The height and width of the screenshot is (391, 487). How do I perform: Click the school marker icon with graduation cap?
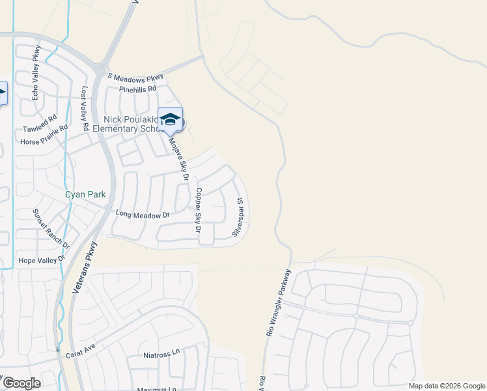pyautogui.click(x=170, y=119)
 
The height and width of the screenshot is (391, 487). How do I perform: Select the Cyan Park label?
pyautogui.click(x=85, y=194)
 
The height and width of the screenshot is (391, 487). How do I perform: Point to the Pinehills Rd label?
pyautogui.click(x=137, y=89)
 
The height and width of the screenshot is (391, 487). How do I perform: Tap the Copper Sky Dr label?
pyautogui.click(x=198, y=210)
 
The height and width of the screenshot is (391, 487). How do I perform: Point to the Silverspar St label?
pyautogui.click(x=239, y=217)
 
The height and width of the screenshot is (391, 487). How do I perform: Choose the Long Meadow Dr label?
pyautogui.click(x=142, y=214)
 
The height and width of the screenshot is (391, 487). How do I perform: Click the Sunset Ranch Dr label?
pyautogui.click(x=51, y=228)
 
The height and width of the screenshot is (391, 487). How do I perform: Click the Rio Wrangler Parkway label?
pyautogui.click(x=278, y=302)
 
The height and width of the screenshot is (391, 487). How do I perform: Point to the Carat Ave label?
pyautogui.click(x=81, y=354)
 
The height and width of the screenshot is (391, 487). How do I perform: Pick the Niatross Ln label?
pyautogui.click(x=161, y=355)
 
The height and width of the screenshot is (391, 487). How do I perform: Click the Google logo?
pyautogui.click(x=21, y=383)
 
